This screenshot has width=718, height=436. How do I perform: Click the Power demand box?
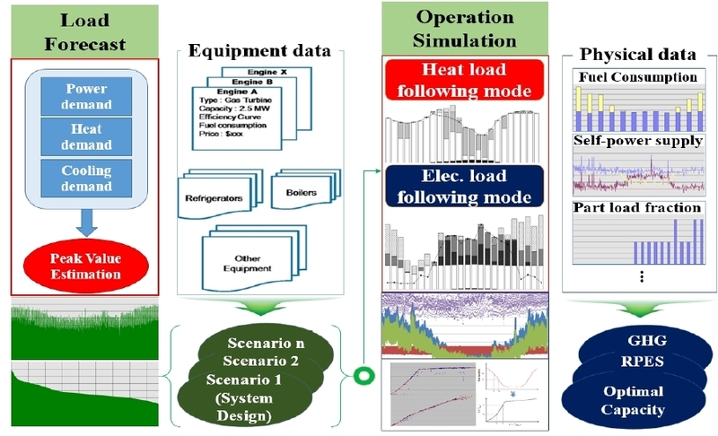[85, 96]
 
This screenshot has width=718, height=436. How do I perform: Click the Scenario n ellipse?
[269, 344]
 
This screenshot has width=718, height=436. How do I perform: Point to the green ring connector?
[365, 373]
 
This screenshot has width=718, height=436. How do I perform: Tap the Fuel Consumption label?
[638, 78]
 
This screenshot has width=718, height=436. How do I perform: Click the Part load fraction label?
[636, 208]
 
